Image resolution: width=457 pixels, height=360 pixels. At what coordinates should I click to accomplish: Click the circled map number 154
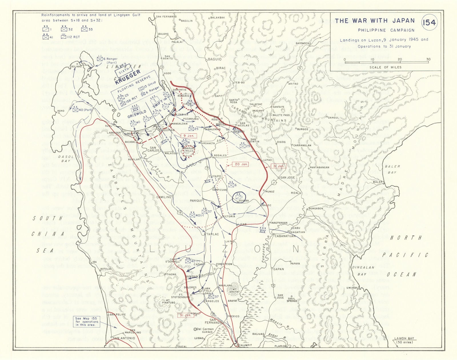[430, 23]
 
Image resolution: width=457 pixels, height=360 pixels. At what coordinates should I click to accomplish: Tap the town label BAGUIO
[215, 59]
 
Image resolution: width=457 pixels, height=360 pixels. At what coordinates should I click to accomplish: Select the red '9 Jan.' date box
[189, 136]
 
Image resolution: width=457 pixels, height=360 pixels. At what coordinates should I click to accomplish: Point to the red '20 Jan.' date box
[241, 164]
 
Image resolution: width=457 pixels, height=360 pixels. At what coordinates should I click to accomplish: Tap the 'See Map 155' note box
[87, 321]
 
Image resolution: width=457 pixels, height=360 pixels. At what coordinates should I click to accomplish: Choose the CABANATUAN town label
[285, 236]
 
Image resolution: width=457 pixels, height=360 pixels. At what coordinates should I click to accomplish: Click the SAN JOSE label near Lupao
[287, 178]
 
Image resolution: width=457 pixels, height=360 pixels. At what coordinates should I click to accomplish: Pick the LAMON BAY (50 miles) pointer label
[404, 340]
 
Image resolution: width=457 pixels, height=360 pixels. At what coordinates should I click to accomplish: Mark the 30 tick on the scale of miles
[428, 59]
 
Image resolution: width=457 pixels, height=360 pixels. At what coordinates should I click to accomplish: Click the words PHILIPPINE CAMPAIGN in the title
[386, 30]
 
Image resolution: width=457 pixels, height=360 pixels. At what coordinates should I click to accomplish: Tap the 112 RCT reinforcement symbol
[70, 37]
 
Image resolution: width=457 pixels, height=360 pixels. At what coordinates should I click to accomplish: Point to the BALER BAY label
[392, 169]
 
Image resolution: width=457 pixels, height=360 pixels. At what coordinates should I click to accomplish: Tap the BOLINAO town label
[76, 67]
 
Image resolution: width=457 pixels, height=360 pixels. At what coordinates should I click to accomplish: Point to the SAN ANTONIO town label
[124, 338]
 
